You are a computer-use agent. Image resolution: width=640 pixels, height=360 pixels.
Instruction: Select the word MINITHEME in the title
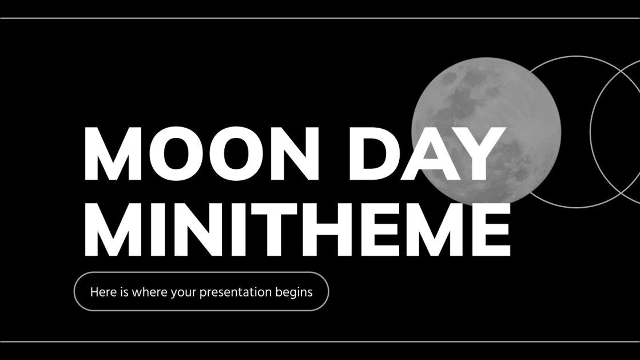tap(297, 228)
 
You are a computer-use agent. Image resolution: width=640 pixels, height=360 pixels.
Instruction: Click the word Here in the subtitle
tap(102, 292)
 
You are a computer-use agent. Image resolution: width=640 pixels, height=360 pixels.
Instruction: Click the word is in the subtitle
tap(125, 292)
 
